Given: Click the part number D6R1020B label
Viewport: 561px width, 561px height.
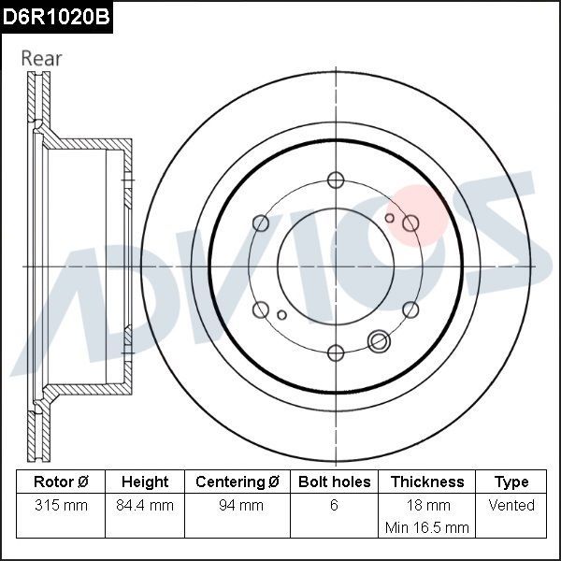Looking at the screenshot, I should coord(56,16).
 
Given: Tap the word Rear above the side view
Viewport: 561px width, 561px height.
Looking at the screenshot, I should coord(41,58).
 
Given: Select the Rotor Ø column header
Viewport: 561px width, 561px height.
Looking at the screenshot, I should coord(60,482).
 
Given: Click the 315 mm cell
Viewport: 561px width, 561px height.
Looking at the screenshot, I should coord(60,505).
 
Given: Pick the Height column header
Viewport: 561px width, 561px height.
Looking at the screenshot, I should coord(145,482).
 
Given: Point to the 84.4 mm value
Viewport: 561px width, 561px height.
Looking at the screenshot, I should coord(145,505).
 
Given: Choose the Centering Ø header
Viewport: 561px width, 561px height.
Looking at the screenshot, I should coord(237,482).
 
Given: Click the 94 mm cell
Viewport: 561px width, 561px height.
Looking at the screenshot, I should coord(237,505).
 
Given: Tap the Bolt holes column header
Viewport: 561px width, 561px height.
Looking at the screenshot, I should coord(334,482).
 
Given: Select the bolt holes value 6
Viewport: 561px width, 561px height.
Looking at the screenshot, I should coord(334,505).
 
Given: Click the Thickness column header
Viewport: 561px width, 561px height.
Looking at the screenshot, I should coord(427,482).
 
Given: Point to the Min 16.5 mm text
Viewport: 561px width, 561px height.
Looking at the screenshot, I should coord(427,527).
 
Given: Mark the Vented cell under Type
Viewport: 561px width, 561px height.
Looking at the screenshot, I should coord(511,505).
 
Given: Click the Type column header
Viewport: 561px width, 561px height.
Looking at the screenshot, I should coord(511,482).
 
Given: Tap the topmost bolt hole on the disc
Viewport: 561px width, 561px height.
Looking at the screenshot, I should coord(335,180).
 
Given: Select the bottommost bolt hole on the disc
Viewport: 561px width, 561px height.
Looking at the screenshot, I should coord(335,352).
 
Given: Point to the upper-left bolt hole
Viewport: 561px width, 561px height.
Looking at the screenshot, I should coord(260,223).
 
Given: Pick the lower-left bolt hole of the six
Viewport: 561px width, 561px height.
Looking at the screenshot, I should coord(260,309).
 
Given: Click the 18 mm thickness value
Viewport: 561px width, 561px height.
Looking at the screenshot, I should coord(427,505).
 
